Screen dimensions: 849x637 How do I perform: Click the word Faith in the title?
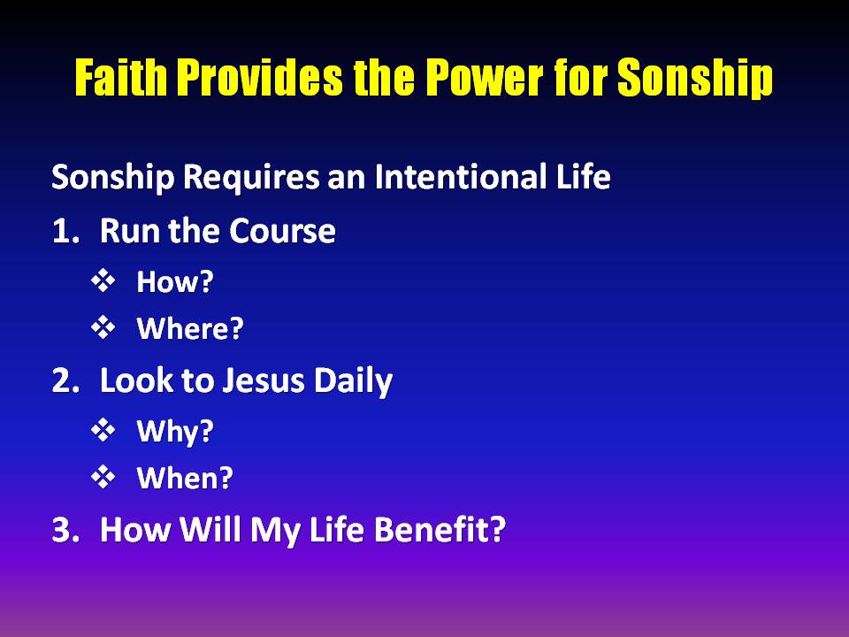coord(121,78)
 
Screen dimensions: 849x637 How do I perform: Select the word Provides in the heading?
coord(260,78)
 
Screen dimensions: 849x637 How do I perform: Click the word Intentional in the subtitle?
coord(460,176)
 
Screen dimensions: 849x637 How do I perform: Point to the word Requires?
coord(250,178)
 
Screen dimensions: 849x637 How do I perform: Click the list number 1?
coord(65,231)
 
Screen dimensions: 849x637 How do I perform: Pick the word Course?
coord(282,231)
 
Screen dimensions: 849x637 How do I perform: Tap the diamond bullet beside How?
coord(103,280)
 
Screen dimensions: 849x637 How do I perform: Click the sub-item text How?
coord(175,281)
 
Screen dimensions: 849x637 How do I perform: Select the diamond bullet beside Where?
coord(103,327)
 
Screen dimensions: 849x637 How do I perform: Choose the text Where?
coord(190,328)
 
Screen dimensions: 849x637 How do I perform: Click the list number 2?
coord(65,380)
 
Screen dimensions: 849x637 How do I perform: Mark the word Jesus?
coord(264,380)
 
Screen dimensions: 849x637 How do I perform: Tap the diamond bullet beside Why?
coord(103,430)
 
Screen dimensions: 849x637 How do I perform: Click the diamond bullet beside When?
coord(103,477)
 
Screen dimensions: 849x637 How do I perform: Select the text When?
coord(185,478)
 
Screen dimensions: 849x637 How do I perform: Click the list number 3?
coord(65,530)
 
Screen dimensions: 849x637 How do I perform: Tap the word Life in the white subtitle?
coord(583,176)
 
